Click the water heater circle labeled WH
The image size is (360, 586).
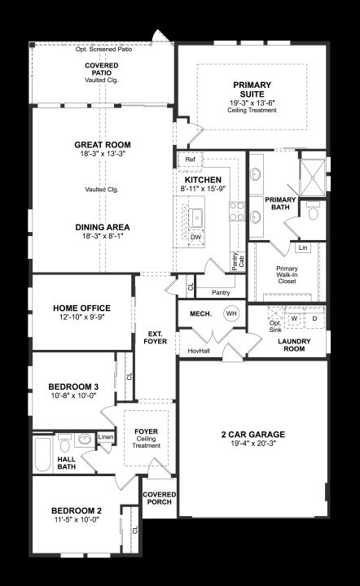tap(231, 313)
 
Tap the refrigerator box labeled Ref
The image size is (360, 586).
tap(190, 160)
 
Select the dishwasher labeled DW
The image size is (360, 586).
tap(196, 238)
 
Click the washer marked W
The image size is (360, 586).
tap(294, 319)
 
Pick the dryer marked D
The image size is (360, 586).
tap(314, 319)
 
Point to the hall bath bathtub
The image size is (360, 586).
tap(42, 454)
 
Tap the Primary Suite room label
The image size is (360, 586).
tap(252, 90)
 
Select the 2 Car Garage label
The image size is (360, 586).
tap(253, 435)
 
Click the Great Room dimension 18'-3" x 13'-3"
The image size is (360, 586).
tap(103, 154)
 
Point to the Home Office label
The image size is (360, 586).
tap(82, 308)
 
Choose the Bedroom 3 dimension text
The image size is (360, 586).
tap(74, 396)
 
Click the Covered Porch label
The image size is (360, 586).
tap(160, 498)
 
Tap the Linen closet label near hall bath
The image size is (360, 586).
tap(106, 437)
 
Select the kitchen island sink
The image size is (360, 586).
tap(196, 217)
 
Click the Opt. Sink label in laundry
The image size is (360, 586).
tap(275, 326)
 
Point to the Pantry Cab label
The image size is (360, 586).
tap(238, 261)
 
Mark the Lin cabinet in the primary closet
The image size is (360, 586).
tap(303, 247)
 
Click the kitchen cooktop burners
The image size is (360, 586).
tap(237, 211)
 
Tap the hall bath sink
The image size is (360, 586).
tap(85, 439)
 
